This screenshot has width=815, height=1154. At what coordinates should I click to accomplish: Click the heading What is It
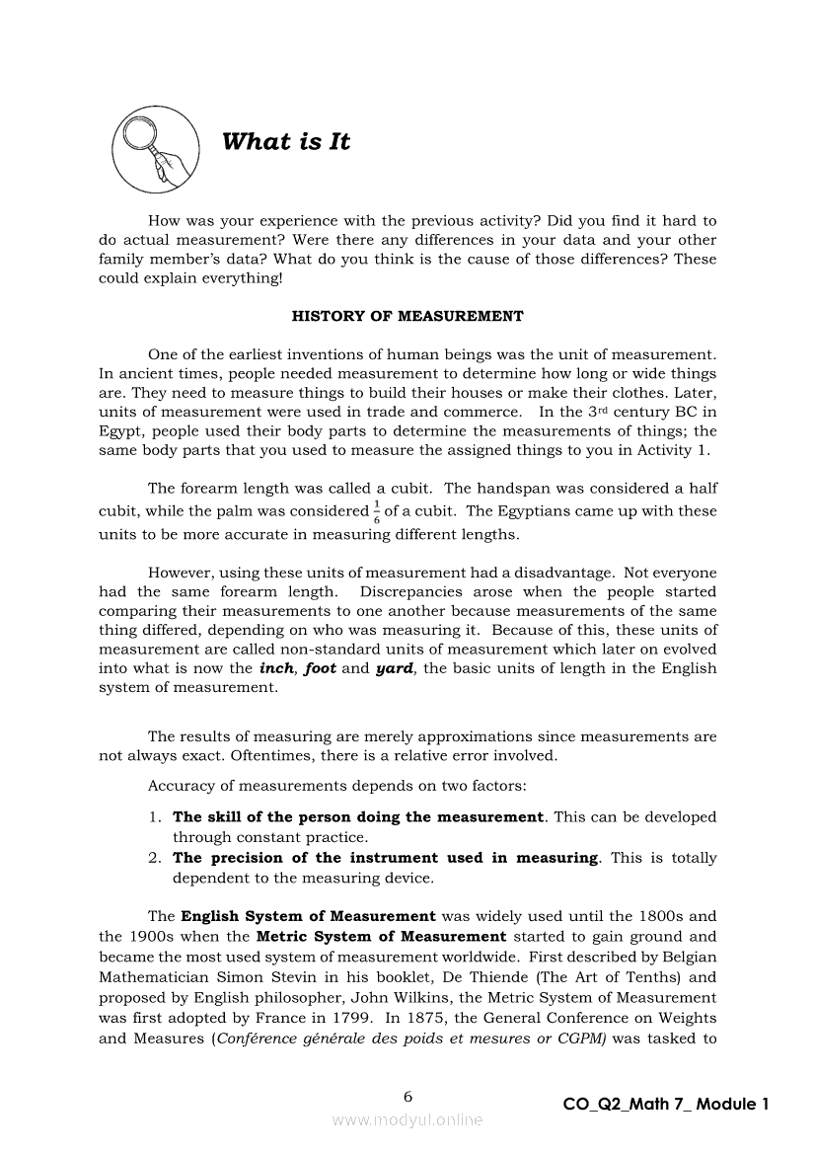point(286,141)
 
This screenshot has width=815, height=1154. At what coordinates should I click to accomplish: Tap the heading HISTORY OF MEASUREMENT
point(407,317)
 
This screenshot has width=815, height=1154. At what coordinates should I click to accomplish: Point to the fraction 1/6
point(376,511)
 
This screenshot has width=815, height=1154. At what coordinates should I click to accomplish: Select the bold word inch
point(276,668)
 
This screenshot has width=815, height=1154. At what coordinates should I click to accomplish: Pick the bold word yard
point(395,668)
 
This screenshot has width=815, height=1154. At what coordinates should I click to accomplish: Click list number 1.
point(155,817)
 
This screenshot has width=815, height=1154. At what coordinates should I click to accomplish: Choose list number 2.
point(155,858)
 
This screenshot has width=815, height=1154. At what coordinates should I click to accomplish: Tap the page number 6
point(407,1097)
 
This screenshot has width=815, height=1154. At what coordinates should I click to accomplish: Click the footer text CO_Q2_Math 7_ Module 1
point(665,1105)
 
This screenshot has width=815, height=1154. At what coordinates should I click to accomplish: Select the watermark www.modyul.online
point(407,1119)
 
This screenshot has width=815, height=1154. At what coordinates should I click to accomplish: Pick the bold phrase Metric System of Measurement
point(381,936)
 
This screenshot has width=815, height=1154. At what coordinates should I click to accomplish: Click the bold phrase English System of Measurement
point(308,916)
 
